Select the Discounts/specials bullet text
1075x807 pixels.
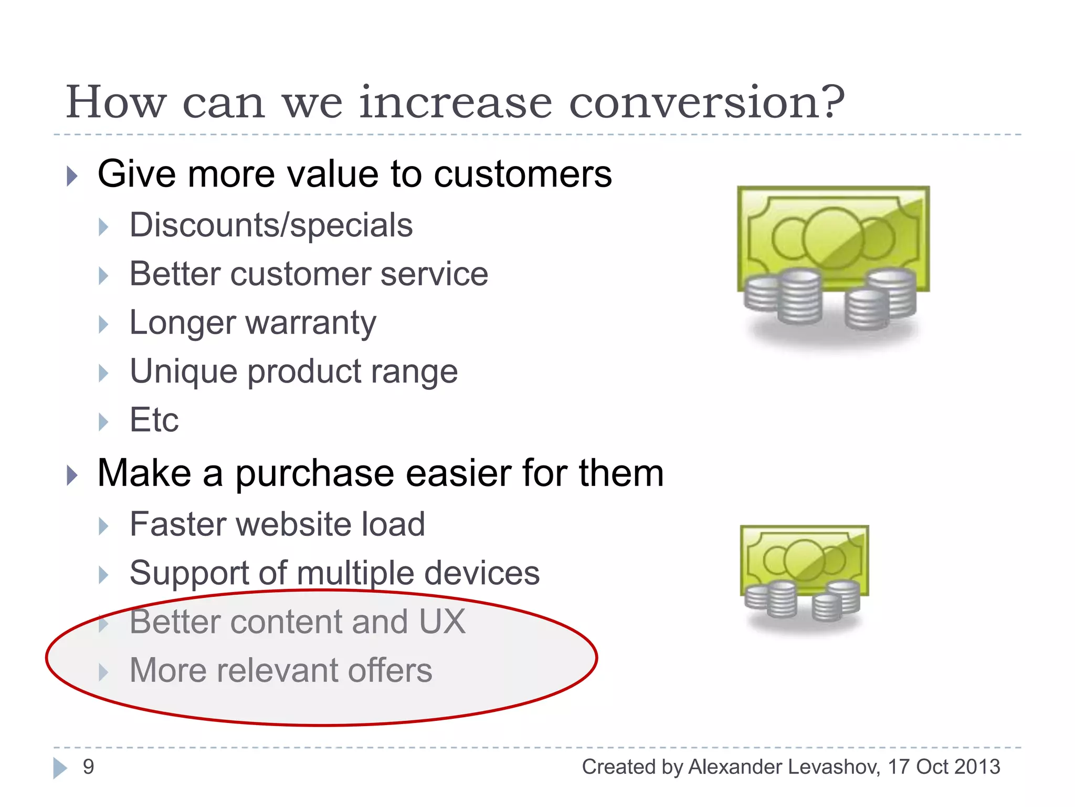click(x=271, y=225)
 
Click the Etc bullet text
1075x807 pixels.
click(x=154, y=420)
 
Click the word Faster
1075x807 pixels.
click(x=176, y=524)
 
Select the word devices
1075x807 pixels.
click(x=482, y=573)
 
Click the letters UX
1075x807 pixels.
click(x=442, y=622)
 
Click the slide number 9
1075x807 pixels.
click(x=89, y=767)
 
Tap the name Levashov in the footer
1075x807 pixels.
click(x=834, y=767)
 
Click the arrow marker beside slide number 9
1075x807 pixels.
click(x=60, y=768)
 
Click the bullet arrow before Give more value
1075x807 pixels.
click(x=72, y=176)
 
